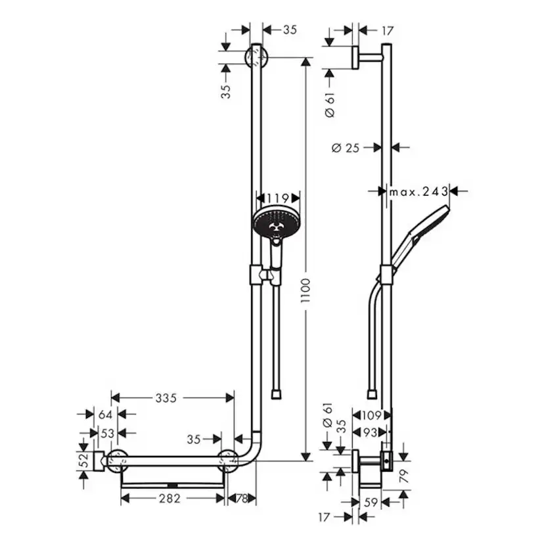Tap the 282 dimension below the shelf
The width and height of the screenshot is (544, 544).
click(x=170, y=499)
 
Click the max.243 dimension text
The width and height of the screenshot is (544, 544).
click(x=419, y=191)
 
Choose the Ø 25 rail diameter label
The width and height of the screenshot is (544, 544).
click(x=346, y=148)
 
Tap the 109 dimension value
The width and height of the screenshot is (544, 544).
click(x=371, y=415)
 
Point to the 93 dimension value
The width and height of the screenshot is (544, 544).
click(x=371, y=433)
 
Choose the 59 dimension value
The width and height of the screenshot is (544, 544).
click(x=371, y=503)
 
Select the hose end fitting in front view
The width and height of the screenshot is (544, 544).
click(x=277, y=394)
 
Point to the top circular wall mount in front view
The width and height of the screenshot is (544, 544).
click(x=256, y=57)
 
